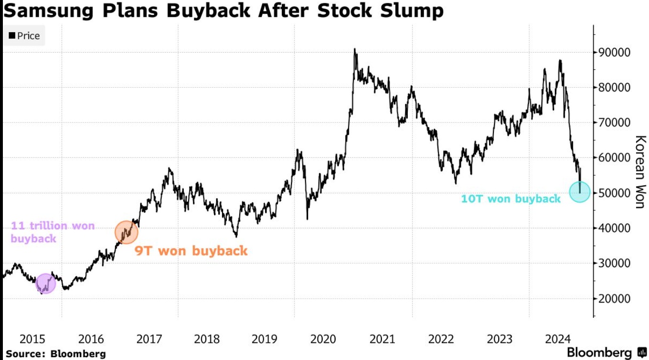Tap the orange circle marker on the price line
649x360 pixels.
[x=126, y=232]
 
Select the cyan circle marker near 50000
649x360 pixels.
[x=580, y=191]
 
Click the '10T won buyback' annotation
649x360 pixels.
[x=510, y=199]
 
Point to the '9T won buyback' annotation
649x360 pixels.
[x=191, y=250]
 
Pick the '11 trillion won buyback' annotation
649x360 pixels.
[x=53, y=232]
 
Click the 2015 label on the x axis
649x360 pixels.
[x=33, y=339]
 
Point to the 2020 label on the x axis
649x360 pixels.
[x=324, y=339]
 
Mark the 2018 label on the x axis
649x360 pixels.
[x=207, y=339]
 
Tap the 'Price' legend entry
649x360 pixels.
[x=24, y=36]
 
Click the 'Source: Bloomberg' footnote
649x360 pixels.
[x=56, y=354]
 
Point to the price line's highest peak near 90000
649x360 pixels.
[x=354, y=49]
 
